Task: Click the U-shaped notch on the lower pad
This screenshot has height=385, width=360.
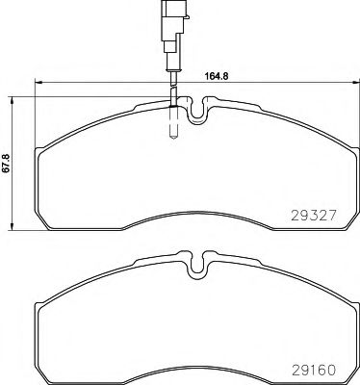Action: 197,266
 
